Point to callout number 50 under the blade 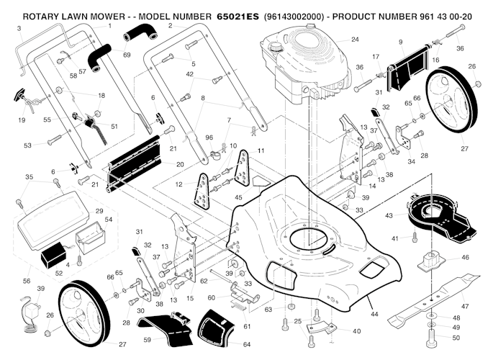click(456, 337)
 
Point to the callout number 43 click(389, 215)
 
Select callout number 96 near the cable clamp click(209, 137)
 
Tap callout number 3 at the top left click(19, 29)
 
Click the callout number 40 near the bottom click(356, 330)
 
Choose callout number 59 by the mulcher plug click(147, 339)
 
